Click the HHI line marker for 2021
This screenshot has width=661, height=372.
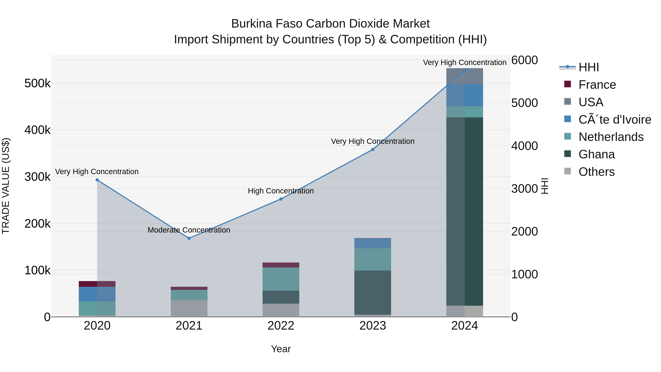tap(189, 238)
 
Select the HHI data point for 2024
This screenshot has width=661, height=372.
tap(465, 70)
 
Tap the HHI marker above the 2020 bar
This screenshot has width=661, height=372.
tap(97, 180)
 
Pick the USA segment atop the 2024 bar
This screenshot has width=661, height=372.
tap(465, 76)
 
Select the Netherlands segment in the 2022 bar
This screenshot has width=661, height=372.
tap(281, 279)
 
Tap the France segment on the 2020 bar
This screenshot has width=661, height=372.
tap(97, 284)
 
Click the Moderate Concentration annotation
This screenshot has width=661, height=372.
tap(189, 230)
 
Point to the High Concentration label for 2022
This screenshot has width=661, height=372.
tap(281, 191)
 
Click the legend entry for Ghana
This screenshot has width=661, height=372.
tap(596, 154)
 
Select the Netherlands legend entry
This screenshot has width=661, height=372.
tap(611, 137)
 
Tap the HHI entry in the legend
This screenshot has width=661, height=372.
tap(589, 67)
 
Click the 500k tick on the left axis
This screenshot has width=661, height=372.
tap(37, 83)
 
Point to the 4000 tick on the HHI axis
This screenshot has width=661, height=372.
tap(524, 146)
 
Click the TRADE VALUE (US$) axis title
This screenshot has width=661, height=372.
tap(6, 186)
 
